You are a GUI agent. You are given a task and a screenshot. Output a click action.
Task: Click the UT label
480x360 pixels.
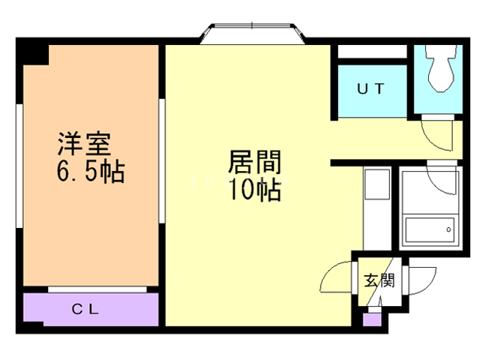(x=370, y=88)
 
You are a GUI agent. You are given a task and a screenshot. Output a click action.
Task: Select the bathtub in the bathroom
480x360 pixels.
(x=428, y=231)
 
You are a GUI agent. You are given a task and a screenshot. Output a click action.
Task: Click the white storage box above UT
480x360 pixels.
(x=370, y=52)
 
